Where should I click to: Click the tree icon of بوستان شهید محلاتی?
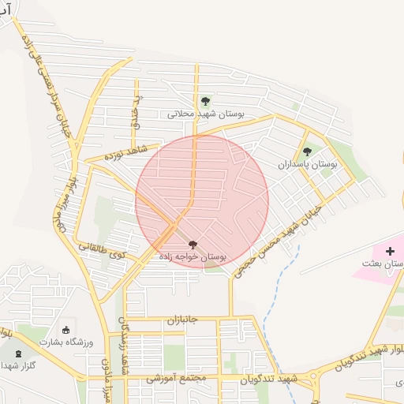[x=205, y=101]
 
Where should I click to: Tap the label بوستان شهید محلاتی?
[x=206, y=114]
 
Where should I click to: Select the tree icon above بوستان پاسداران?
[x=307, y=151]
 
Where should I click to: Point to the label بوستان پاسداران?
[x=307, y=165]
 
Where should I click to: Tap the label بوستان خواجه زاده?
[x=193, y=257]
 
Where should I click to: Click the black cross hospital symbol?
[x=390, y=250]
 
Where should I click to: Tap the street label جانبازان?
[x=184, y=321]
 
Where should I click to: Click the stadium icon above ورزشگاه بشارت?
[x=65, y=330]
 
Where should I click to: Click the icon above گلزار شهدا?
[x=18, y=353]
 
